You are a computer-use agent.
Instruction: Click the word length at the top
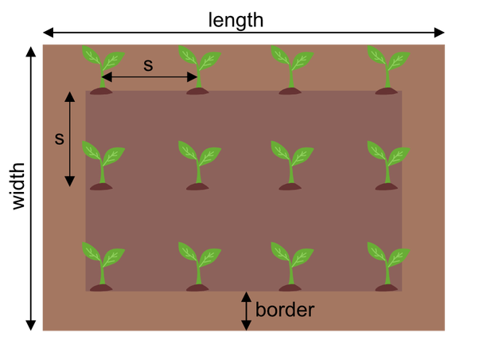(x=236, y=19)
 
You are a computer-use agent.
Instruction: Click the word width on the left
(x=18, y=186)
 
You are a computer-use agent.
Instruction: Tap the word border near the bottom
(x=285, y=309)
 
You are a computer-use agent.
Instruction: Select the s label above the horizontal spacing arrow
(x=148, y=65)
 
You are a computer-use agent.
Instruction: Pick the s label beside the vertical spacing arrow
(x=58, y=139)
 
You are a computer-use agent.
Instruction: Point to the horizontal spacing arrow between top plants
(x=150, y=77)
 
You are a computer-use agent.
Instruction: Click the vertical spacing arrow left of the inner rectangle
(x=70, y=138)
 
